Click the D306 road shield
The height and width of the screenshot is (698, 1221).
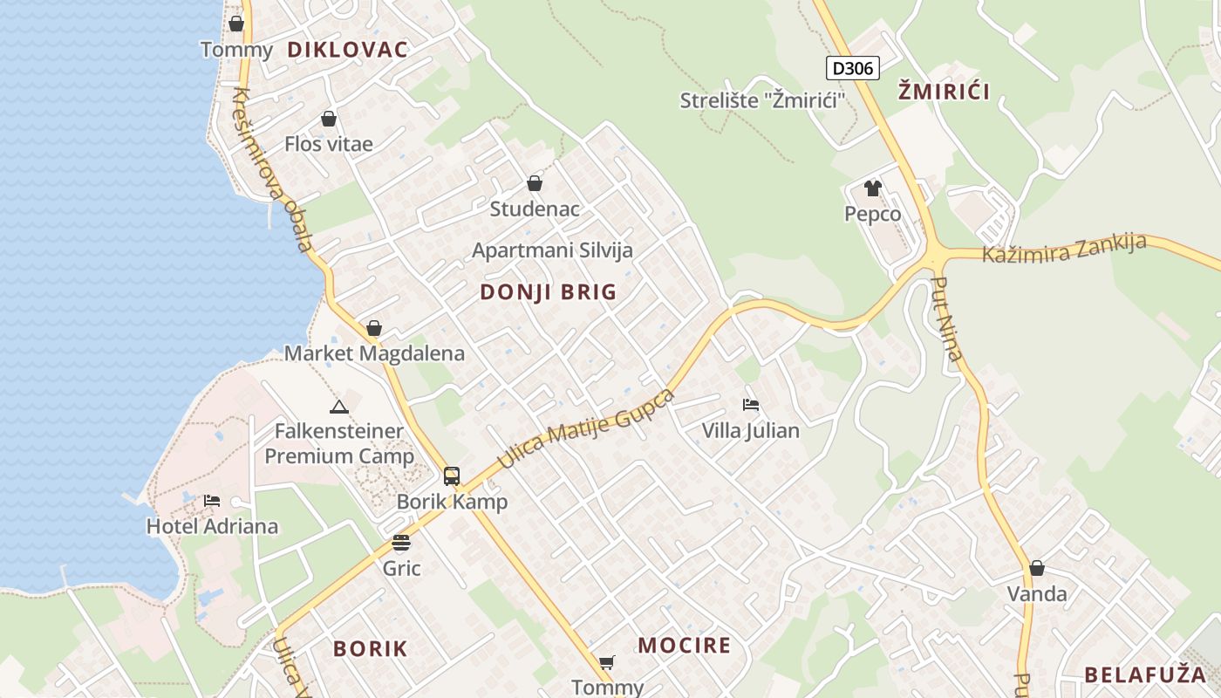(852, 68)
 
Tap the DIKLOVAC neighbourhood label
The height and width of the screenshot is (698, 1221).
(347, 50)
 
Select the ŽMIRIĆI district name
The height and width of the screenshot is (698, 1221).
(944, 91)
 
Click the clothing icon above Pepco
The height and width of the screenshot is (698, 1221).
(872, 188)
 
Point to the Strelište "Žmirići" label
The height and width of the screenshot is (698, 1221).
(763, 101)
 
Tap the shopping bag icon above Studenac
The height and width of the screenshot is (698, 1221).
(535, 183)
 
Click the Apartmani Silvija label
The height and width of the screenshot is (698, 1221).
(552, 250)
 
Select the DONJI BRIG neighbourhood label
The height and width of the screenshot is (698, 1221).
(548, 292)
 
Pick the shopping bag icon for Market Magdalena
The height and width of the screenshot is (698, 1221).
(374, 328)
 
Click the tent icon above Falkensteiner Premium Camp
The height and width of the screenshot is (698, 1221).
(339, 407)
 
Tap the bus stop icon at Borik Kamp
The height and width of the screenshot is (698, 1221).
(452, 476)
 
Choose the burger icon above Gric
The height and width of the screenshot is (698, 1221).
(401, 543)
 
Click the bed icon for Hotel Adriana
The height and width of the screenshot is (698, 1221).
(212, 501)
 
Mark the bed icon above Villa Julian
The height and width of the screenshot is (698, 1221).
(750, 405)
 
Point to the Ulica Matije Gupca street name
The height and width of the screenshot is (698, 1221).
(586, 430)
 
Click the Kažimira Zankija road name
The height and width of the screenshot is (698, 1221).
(1064, 249)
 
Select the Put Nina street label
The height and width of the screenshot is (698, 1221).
(947, 318)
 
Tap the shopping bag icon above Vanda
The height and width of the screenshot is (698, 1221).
(1036, 568)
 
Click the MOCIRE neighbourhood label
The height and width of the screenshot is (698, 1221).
(684, 646)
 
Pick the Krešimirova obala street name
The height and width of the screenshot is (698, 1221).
(273, 169)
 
